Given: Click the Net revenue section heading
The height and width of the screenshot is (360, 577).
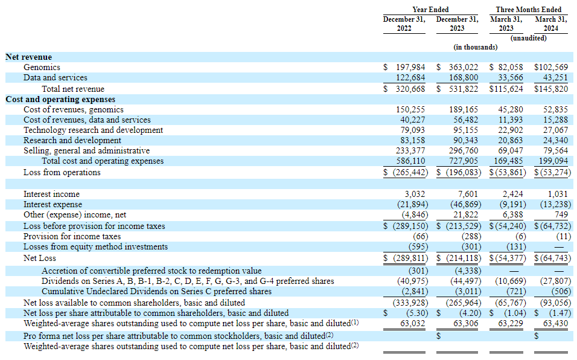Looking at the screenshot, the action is pos(29,57).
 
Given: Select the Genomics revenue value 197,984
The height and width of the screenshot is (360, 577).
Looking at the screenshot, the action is pos(410,68).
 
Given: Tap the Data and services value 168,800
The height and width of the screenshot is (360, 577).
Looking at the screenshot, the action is pos(464,78).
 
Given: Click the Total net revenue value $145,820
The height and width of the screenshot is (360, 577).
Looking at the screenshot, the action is pos(551,89).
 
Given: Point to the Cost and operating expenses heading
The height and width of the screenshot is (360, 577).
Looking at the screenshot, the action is pos(60,100).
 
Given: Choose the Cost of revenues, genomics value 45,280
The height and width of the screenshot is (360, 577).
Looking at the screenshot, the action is pos(511,110).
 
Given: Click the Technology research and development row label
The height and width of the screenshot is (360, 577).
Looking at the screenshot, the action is pos(93,130).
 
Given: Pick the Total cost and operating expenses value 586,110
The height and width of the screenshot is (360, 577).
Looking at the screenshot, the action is pos(410,161).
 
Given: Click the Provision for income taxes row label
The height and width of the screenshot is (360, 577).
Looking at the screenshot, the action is pos(72,237).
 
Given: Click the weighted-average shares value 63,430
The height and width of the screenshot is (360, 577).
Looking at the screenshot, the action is pos(556,324).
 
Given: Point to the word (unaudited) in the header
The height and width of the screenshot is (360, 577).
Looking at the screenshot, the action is pos(529,38).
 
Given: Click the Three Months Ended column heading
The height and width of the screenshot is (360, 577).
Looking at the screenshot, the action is pos(529,10).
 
